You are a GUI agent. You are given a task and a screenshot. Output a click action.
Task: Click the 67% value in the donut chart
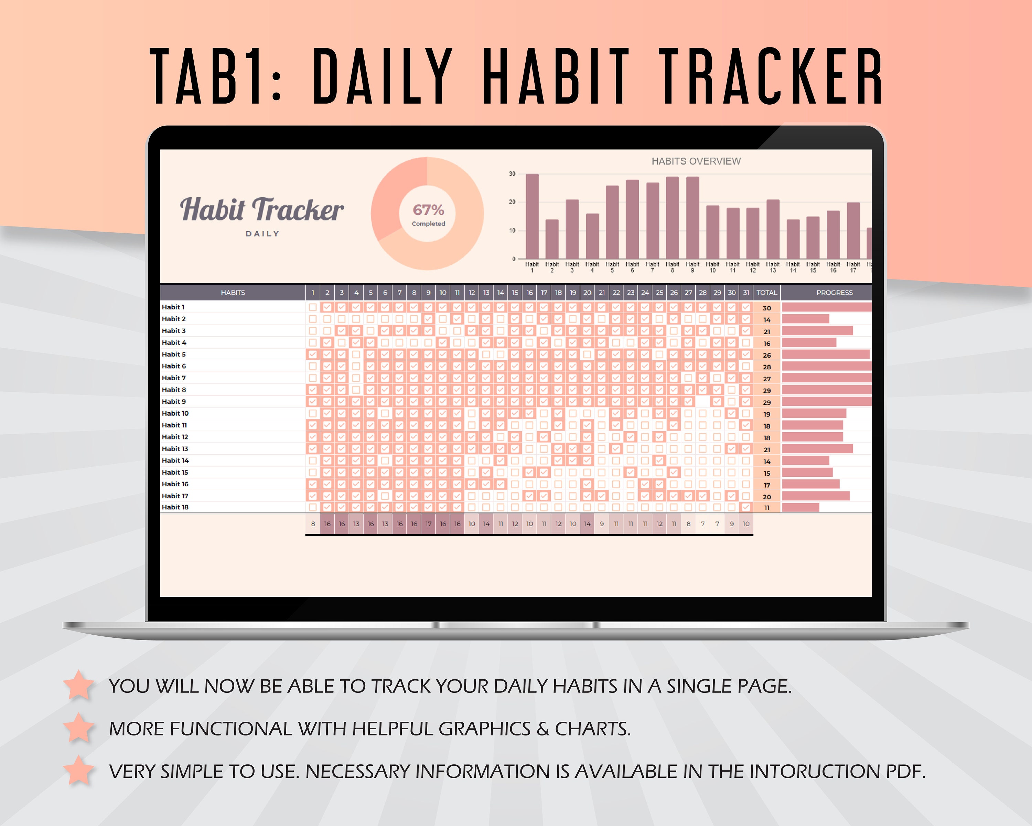click(428, 210)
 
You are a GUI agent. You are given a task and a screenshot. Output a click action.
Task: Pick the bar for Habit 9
click(692, 218)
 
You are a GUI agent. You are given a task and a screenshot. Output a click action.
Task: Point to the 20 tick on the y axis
click(512, 202)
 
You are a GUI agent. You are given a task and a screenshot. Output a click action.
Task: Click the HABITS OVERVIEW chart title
click(696, 161)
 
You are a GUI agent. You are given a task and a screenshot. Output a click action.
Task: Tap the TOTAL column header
click(766, 293)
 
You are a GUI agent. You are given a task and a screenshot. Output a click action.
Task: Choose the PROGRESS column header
click(834, 293)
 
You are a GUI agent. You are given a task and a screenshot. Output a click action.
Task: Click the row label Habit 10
click(175, 413)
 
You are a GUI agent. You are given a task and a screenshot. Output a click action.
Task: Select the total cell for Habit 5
click(766, 355)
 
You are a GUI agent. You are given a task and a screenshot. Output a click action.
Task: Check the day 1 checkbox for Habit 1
click(313, 307)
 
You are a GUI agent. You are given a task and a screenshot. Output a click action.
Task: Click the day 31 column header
click(746, 293)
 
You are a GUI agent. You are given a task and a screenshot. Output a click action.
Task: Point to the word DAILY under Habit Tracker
click(262, 234)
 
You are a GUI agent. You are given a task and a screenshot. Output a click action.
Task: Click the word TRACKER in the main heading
click(771, 77)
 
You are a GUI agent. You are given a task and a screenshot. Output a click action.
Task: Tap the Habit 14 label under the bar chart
click(793, 267)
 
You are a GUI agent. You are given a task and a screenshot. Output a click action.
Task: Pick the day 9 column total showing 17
click(428, 524)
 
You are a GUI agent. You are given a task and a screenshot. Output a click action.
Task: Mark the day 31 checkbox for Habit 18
click(746, 507)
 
